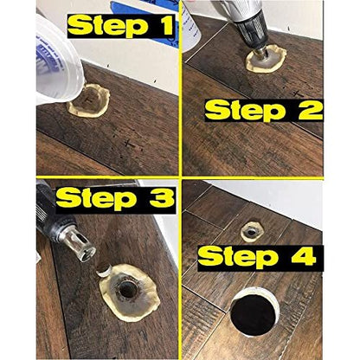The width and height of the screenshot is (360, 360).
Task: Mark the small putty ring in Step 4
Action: (x=253, y=228)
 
